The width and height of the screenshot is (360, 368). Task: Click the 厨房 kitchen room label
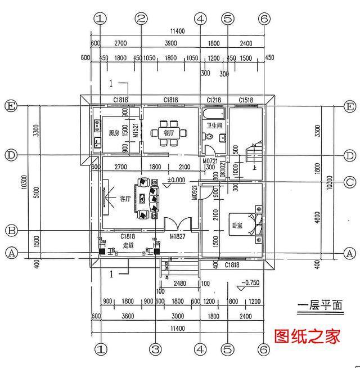click(114, 133)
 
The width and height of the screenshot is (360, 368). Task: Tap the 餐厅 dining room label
click(167, 133)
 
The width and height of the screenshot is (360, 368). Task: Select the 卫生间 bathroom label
click(214, 125)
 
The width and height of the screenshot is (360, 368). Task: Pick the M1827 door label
click(177, 236)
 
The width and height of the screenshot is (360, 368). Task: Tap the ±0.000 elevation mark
click(176, 181)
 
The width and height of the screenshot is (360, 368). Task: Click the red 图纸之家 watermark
click(308, 336)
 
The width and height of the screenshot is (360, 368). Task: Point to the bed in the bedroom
click(254, 224)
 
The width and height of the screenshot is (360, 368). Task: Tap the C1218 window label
click(214, 100)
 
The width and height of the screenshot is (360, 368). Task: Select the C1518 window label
click(246, 100)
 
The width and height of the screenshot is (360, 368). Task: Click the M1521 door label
click(135, 132)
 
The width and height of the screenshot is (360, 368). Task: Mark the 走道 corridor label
click(128, 245)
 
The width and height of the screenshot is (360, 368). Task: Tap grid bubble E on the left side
click(10, 106)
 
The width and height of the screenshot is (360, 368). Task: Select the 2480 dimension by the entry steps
click(180, 284)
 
